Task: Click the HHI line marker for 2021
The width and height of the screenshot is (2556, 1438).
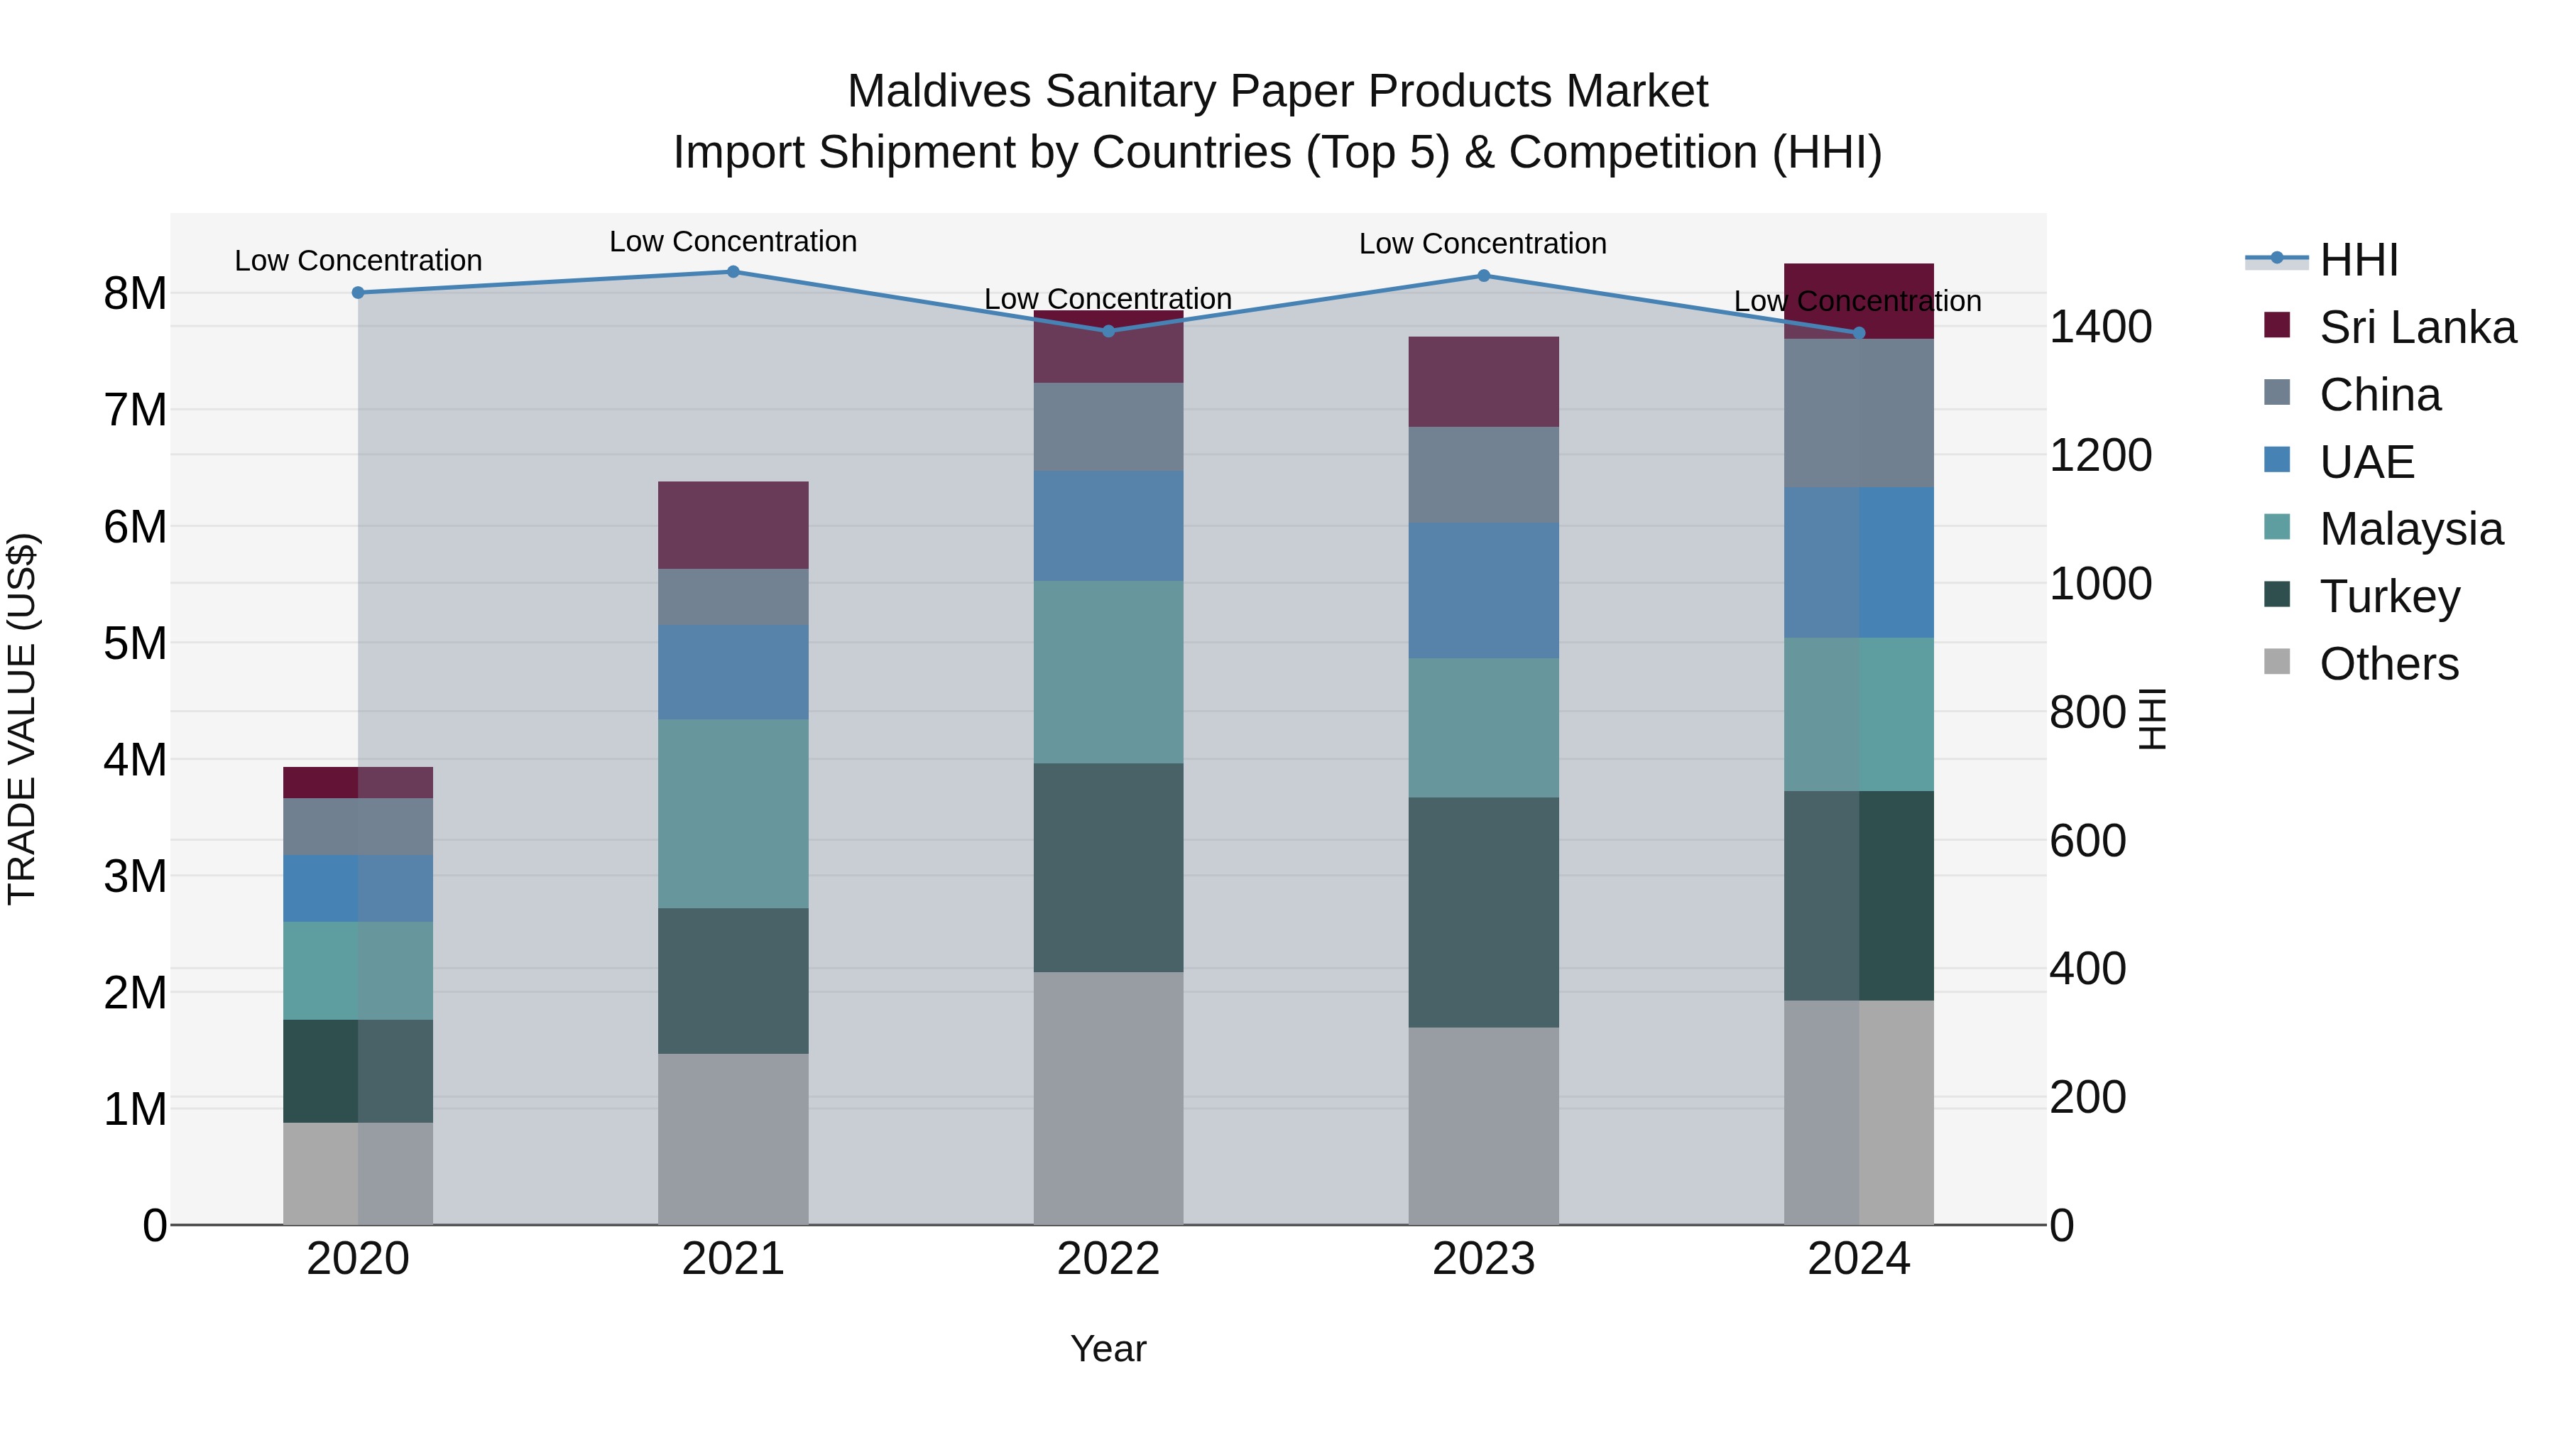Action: pos(733,272)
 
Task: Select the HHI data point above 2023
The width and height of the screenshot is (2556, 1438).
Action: pos(1483,276)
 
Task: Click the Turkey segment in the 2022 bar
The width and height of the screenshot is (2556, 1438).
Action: pos(1108,867)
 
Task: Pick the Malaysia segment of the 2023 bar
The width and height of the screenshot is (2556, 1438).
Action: pos(1483,727)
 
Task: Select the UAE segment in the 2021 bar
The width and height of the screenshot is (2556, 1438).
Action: pos(733,672)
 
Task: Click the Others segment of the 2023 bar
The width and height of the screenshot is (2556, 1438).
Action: pos(1483,1126)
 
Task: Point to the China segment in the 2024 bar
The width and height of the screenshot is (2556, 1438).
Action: pos(1859,413)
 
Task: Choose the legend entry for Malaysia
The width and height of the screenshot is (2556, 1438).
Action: pos(2410,529)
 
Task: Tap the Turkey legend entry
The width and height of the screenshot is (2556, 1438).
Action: pos(2388,597)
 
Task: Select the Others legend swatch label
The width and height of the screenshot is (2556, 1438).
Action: pos(2388,664)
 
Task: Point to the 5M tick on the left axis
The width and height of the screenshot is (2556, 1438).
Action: pos(136,643)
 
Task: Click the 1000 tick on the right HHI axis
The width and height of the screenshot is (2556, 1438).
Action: pos(2099,584)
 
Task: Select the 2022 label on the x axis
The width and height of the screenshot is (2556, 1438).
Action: pos(1108,1259)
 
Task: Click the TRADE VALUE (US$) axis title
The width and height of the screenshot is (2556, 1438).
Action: pos(22,719)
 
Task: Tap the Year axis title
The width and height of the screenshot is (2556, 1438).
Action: pos(1108,1349)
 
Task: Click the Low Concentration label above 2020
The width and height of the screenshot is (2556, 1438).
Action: pos(359,261)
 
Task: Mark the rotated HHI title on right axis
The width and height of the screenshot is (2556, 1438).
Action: pos(2151,719)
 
